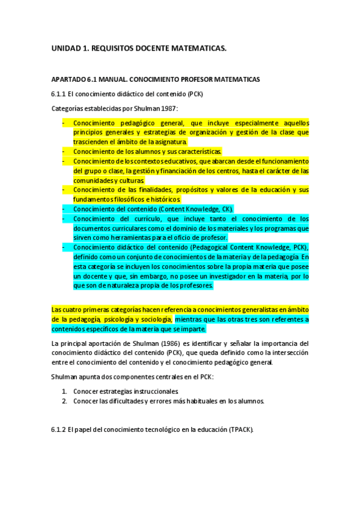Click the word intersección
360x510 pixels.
click(287, 353)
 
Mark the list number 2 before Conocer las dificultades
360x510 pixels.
click(64, 401)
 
